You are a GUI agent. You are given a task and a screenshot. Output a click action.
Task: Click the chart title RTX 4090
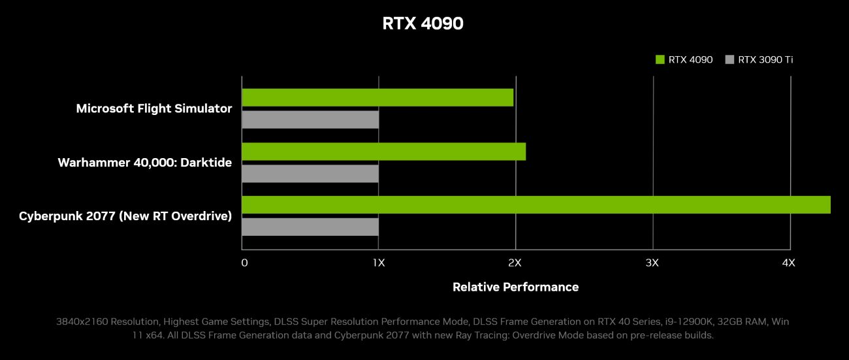tap(423, 24)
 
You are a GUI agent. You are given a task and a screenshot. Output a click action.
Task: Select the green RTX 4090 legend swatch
tap(660, 59)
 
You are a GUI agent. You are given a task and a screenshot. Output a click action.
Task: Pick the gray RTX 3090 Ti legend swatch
tap(729, 59)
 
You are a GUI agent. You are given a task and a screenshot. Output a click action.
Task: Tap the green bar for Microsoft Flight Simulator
tap(377, 97)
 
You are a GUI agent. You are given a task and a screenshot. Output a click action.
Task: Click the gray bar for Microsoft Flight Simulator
tap(310, 120)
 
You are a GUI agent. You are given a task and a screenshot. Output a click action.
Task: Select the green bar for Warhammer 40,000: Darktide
tap(383, 152)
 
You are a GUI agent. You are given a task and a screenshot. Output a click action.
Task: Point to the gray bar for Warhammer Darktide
tap(310, 173)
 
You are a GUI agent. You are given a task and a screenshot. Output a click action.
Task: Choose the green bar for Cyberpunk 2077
tap(536, 205)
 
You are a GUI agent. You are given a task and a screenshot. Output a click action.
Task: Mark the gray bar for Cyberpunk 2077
tap(310, 227)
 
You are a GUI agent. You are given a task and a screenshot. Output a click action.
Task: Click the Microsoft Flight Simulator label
tap(154, 108)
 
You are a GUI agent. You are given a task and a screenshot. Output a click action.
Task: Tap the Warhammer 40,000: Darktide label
tap(144, 162)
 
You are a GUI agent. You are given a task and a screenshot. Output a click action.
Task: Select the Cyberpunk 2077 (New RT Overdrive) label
tap(125, 216)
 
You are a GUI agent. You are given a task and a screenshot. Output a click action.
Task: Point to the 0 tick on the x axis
tap(244, 263)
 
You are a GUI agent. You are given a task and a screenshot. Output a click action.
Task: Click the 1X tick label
tap(379, 263)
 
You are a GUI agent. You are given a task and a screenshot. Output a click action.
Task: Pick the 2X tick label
tap(515, 263)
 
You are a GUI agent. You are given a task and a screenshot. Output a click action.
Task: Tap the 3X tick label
tap(652, 263)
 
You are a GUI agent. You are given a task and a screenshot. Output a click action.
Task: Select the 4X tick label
tap(789, 263)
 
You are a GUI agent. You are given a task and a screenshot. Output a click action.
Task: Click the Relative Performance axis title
tap(515, 287)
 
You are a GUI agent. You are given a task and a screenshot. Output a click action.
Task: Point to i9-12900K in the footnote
tap(677, 322)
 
